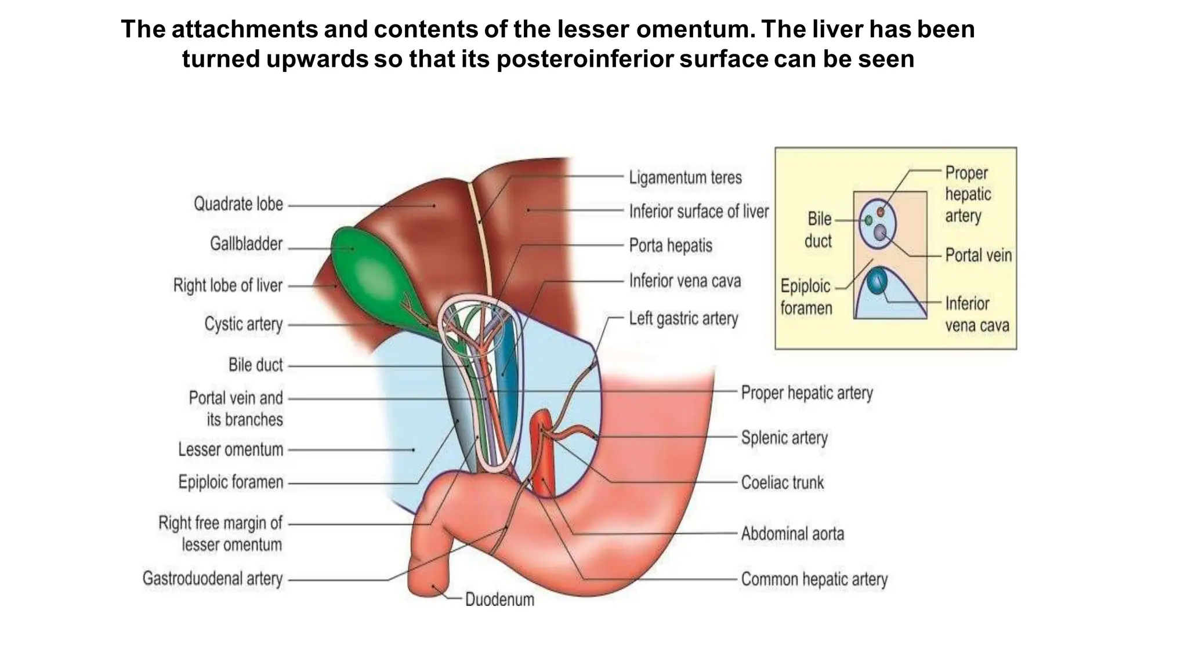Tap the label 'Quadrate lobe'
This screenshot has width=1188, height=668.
[x=238, y=204]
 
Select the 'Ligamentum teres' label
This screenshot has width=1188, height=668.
[x=685, y=177]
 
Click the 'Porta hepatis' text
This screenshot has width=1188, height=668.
[x=671, y=246]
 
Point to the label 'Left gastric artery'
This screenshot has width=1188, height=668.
[x=683, y=319]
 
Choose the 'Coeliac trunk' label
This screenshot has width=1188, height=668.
[x=782, y=482]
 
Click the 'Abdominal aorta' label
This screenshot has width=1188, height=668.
[x=792, y=533]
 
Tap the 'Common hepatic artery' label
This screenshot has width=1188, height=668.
[x=814, y=579]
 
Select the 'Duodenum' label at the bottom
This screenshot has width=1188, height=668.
[x=499, y=600]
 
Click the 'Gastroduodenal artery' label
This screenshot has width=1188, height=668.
[x=212, y=579]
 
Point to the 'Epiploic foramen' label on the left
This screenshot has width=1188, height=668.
[x=230, y=482]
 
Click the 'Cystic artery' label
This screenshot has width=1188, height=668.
[x=243, y=324]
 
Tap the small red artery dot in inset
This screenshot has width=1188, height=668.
[x=881, y=212]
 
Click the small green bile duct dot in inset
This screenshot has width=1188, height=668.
[x=868, y=220]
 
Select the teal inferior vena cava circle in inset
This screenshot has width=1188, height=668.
[x=876, y=281]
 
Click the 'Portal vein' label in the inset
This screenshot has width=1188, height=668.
[x=978, y=255]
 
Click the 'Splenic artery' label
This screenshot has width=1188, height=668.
[x=784, y=438]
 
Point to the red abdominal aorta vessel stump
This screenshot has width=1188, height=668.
[x=543, y=458]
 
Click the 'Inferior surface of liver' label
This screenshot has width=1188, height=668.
[x=698, y=212]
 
